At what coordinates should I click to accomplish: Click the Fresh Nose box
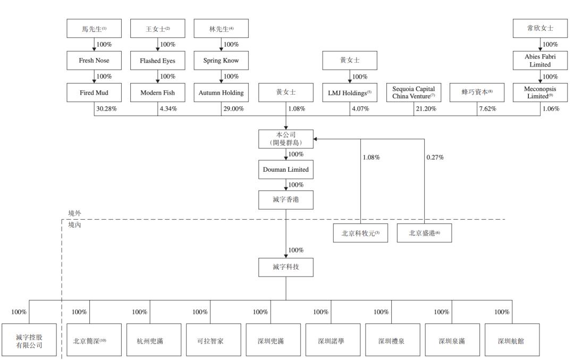[x=94, y=61]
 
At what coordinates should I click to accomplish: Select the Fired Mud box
[x=94, y=93]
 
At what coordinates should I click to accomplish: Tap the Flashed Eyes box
[x=157, y=61]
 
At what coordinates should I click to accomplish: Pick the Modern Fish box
[x=157, y=93]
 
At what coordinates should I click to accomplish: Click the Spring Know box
[x=221, y=61]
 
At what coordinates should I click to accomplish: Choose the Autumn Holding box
[x=221, y=93]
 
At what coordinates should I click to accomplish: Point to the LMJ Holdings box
[x=350, y=93]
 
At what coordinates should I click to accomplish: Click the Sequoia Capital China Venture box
[x=413, y=93]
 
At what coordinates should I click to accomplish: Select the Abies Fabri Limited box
[x=539, y=61]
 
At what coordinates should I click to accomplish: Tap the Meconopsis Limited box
[x=539, y=93]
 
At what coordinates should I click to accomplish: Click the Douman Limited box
[x=285, y=170]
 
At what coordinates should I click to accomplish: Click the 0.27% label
[x=435, y=157]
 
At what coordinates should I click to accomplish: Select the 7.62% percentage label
[x=489, y=108]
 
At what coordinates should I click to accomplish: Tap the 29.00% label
[x=233, y=108]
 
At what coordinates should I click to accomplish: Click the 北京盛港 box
[x=425, y=233]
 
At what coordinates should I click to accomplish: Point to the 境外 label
[x=75, y=213]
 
